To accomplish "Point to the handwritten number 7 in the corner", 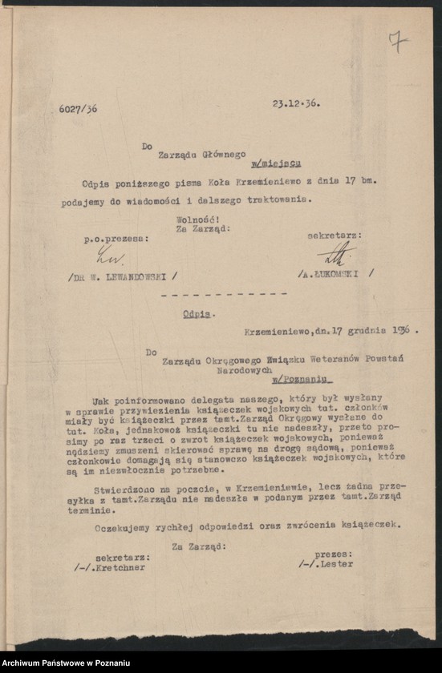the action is pos(397,42).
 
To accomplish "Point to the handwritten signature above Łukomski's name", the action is pos(335,254).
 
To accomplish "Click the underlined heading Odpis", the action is pos(198,314).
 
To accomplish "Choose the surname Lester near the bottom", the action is pos(336,563).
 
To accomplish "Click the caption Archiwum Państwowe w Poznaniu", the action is pos(61,662).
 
